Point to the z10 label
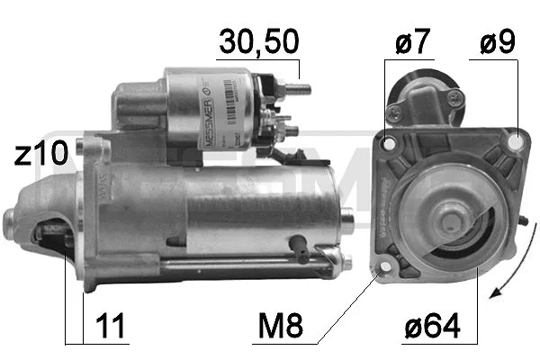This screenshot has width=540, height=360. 40,154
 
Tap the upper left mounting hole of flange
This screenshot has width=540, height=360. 389,143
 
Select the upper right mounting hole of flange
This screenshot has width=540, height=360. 515,141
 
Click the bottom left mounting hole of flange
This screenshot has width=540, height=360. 385,267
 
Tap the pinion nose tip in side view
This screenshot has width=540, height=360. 11,216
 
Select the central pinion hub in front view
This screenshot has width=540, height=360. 445,217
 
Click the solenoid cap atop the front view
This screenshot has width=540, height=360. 421,91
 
